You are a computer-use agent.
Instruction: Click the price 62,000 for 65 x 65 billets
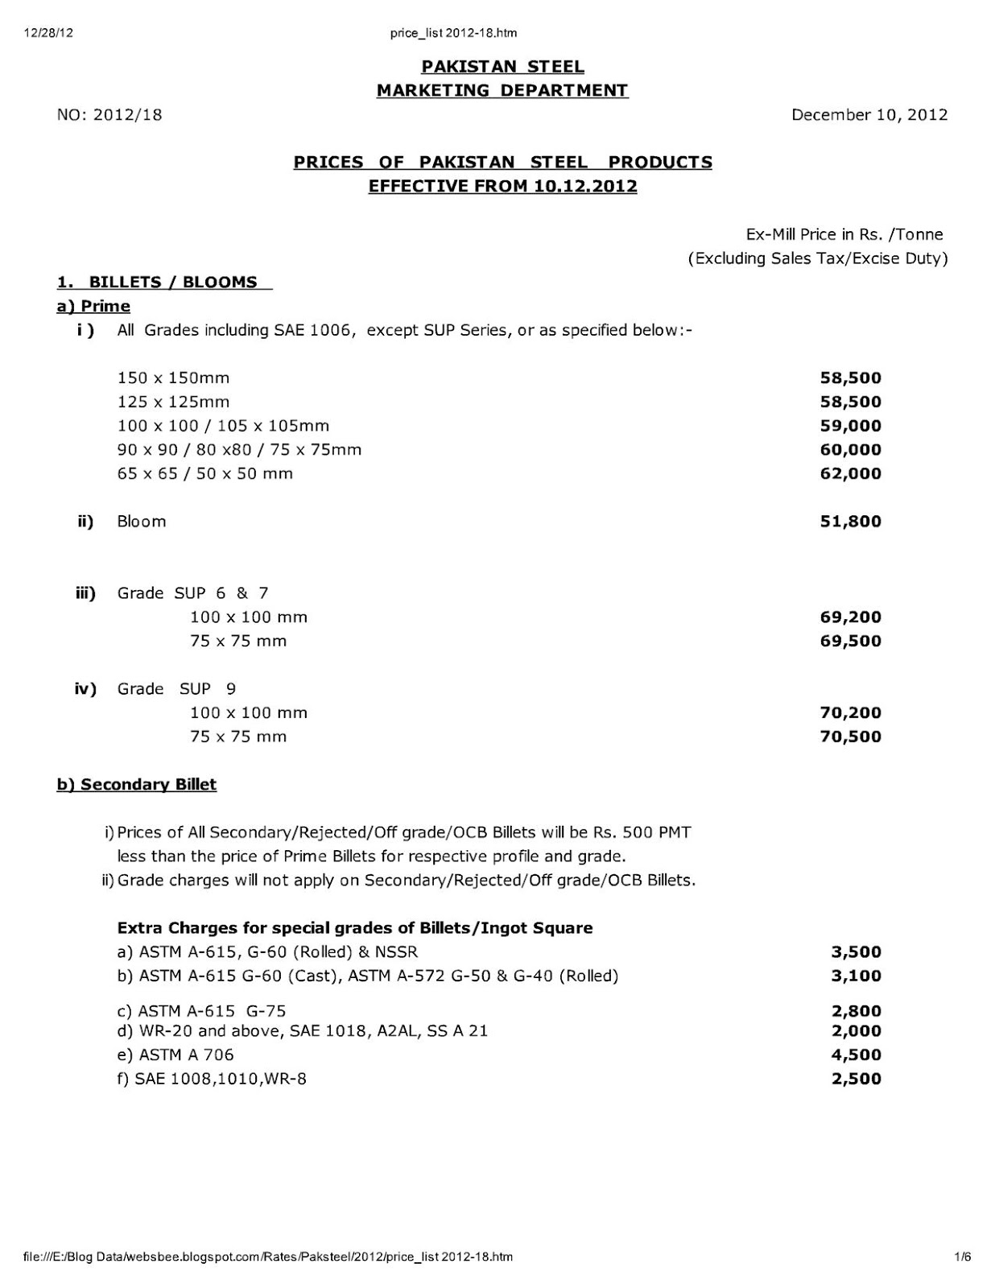[850, 473]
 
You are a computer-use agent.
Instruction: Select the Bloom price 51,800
[850, 521]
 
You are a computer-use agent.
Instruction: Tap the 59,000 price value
[850, 426]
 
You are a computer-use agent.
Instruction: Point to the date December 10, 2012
[869, 114]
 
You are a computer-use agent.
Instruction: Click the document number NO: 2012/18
[109, 114]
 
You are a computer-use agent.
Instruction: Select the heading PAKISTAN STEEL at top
[502, 67]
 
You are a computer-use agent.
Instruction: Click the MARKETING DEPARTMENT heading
[502, 90]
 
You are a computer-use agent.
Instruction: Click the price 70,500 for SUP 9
[850, 737]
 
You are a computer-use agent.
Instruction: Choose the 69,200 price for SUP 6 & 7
[850, 617]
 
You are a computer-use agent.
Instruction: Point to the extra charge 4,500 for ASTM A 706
[856, 1055]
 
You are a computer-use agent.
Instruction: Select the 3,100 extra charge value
[856, 976]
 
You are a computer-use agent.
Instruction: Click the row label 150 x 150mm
[173, 378]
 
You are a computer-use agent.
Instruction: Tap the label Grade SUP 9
[176, 689]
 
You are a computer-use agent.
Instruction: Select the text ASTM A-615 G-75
[213, 1011]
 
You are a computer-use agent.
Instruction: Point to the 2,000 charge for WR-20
[856, 1031]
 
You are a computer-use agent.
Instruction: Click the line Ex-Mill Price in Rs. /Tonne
[844, 234]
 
